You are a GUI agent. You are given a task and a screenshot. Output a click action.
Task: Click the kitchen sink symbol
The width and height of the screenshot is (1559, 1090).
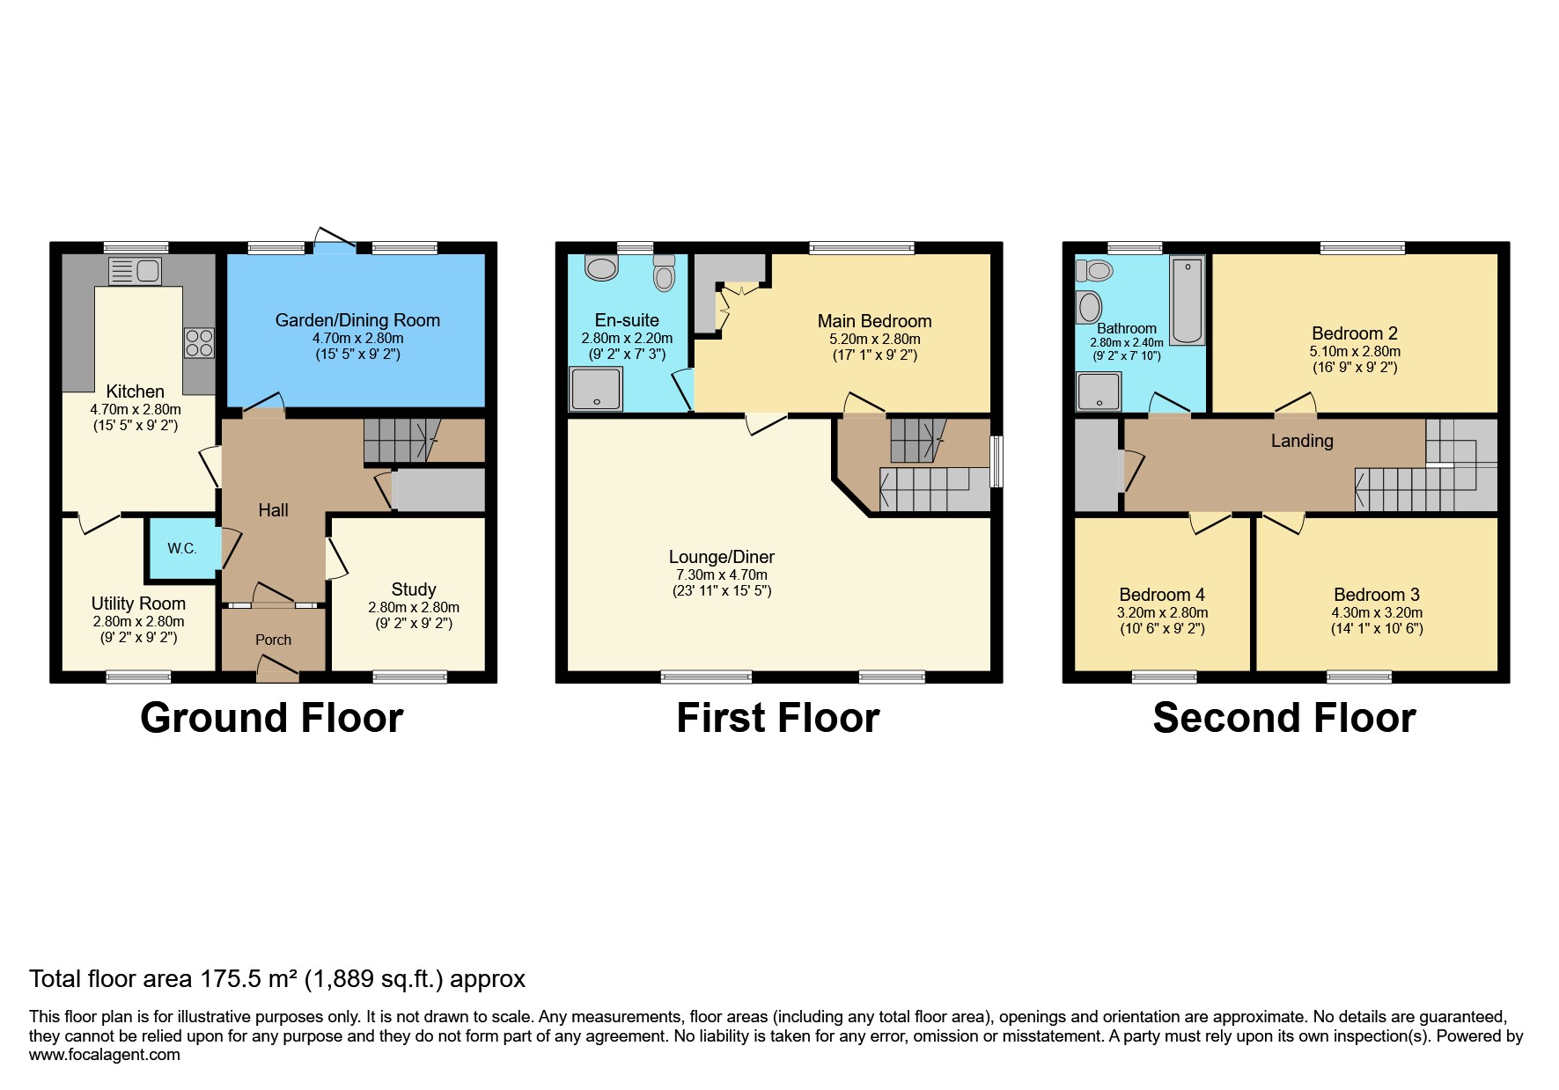[135, 271]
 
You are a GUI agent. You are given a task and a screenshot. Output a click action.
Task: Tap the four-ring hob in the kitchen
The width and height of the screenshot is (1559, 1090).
[199, 342]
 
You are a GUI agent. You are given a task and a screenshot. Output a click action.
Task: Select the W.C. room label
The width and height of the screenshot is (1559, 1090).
[182, 549]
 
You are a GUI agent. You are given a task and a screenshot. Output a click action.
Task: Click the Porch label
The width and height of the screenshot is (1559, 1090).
[273, 640]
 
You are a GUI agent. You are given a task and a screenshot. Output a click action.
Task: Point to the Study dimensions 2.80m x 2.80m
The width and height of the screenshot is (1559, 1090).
[414, 607]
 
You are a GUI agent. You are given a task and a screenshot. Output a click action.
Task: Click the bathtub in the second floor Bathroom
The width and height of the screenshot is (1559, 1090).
[1186, 300]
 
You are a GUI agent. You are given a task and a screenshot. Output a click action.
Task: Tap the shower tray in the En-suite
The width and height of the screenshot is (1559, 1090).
[596, 389]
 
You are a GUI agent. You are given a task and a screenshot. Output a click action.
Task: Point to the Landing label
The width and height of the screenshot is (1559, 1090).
[1301, 441]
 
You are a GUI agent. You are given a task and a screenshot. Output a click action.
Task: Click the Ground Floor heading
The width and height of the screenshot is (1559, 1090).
[271, 718]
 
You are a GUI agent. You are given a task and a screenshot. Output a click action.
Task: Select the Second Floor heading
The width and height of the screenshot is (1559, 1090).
[1283, 718]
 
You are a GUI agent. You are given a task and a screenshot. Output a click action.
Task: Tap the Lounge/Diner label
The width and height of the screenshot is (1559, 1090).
[721, 557]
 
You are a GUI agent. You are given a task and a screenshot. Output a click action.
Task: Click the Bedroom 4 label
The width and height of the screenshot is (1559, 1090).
[1161, 595]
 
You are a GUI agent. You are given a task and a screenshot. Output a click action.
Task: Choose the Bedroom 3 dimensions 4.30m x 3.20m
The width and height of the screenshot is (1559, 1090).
[1376, 613]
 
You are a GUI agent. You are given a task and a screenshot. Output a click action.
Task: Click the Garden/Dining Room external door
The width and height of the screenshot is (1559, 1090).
[335, 247]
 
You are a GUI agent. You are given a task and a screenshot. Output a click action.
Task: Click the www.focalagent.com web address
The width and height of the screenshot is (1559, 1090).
[104, 1055]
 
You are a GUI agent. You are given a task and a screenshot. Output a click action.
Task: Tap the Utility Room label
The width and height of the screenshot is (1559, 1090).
[138, 604]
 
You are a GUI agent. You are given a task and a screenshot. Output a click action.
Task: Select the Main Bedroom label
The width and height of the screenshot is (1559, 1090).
[873, 321]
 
